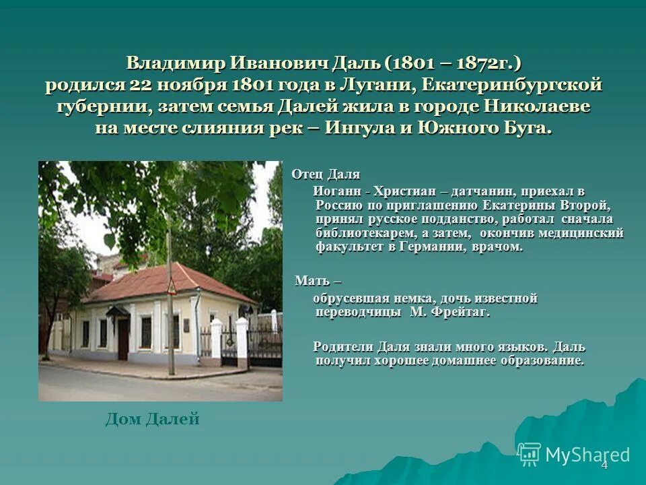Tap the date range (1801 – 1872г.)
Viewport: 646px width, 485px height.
tap(453, 64)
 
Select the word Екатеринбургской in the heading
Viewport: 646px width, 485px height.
tap(516, 86)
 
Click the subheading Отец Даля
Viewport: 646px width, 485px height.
tap(326, 175)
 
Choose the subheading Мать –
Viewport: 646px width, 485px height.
tap(318, 281)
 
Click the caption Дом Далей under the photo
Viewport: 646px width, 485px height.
tap(153, 420)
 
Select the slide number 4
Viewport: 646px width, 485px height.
tap(604, 465)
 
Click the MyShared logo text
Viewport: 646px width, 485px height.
tap(587, 455)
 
